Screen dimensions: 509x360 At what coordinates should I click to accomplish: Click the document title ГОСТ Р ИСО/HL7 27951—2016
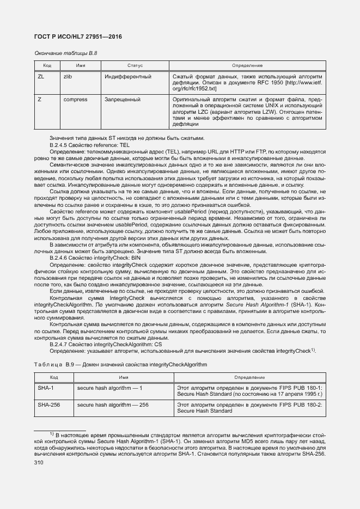click(x=78, y=36)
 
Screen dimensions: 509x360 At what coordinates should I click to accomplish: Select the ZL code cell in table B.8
click(x=41, y=77)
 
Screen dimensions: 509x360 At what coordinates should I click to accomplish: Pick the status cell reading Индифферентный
click(x=127, y=77)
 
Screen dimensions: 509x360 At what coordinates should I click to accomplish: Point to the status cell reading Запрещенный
click(x=123, y=100)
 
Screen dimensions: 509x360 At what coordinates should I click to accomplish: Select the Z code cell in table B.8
click(x=39, y=100)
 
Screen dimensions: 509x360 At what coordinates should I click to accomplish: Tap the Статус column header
click(x=135, y=65)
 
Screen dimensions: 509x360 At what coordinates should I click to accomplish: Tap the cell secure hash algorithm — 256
click(x=113, y=406)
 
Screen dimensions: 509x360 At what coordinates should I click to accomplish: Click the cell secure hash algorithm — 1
click(x=109, y=388)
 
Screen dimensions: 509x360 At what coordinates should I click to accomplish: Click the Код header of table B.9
click(x=54, y=377)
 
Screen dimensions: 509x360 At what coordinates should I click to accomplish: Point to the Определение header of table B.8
click(x=247, y=65)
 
